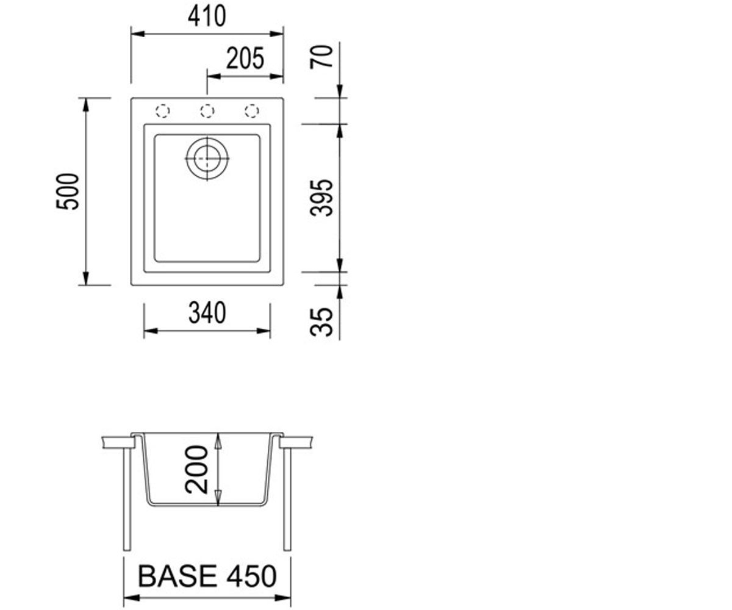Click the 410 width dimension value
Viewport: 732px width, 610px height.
pyautogui.click(x=207, y=16)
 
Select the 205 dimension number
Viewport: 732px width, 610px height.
pyautogui.click(x=245, y=59)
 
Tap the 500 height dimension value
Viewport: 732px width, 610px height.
pyautogui.click(x=68, y=192)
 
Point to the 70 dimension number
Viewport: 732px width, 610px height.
pyautogui.click(x=321, y=57)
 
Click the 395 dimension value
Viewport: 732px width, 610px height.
pyautogui.click(x=321, y=198)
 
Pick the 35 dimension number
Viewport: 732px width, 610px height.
pyautogui.click(x=321, y=321)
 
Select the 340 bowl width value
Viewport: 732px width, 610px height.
pyautogui.click(x=207, y=313)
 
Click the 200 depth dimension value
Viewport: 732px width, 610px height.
pyautogui.click(x=196, y=470)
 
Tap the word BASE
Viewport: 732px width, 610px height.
pyautogui.click(x=178, y=576)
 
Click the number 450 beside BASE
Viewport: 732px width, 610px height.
pyautogui.click(x=251, y=576)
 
